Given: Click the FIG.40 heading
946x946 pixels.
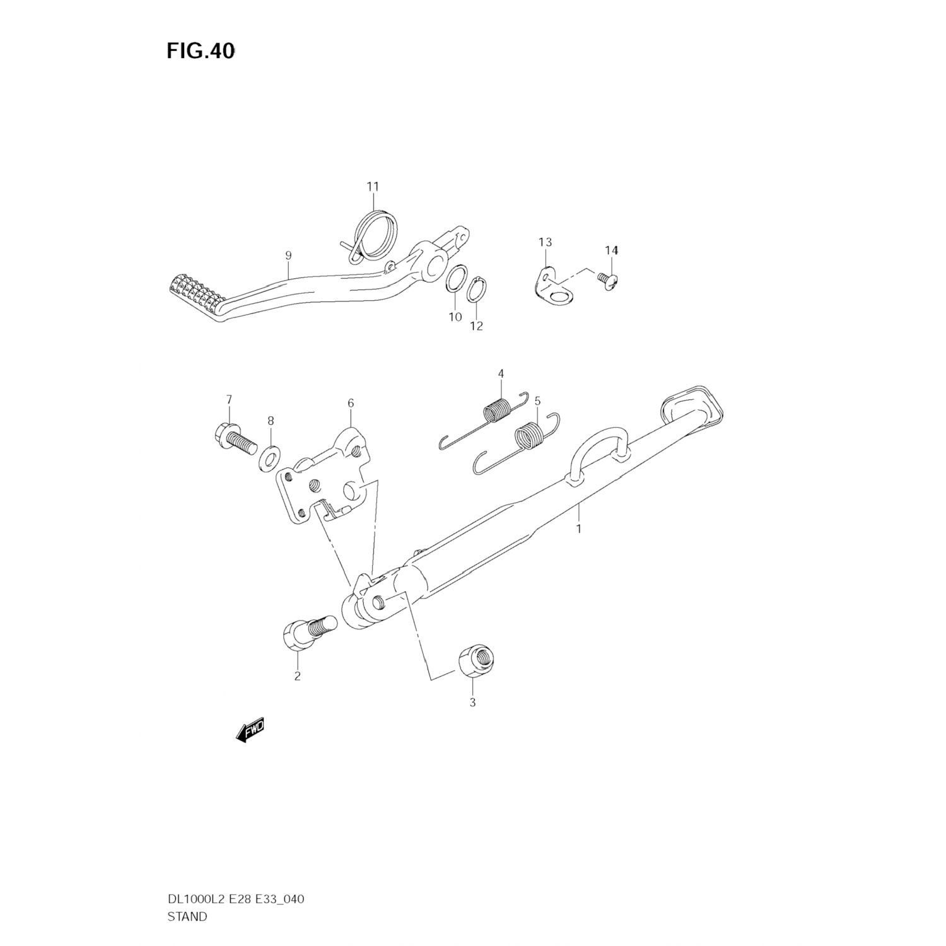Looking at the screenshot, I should (201, 52).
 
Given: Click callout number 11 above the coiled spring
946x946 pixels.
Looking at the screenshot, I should (373, 187).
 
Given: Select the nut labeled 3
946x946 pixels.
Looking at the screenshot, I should (476, 662).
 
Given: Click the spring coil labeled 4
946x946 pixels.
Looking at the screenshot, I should (496, 409).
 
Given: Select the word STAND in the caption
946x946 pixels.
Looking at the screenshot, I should (187, 917).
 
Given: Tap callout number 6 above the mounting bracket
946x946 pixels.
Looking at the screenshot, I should (351, 403).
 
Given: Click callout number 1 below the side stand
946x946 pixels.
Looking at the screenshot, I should (579, 528).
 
